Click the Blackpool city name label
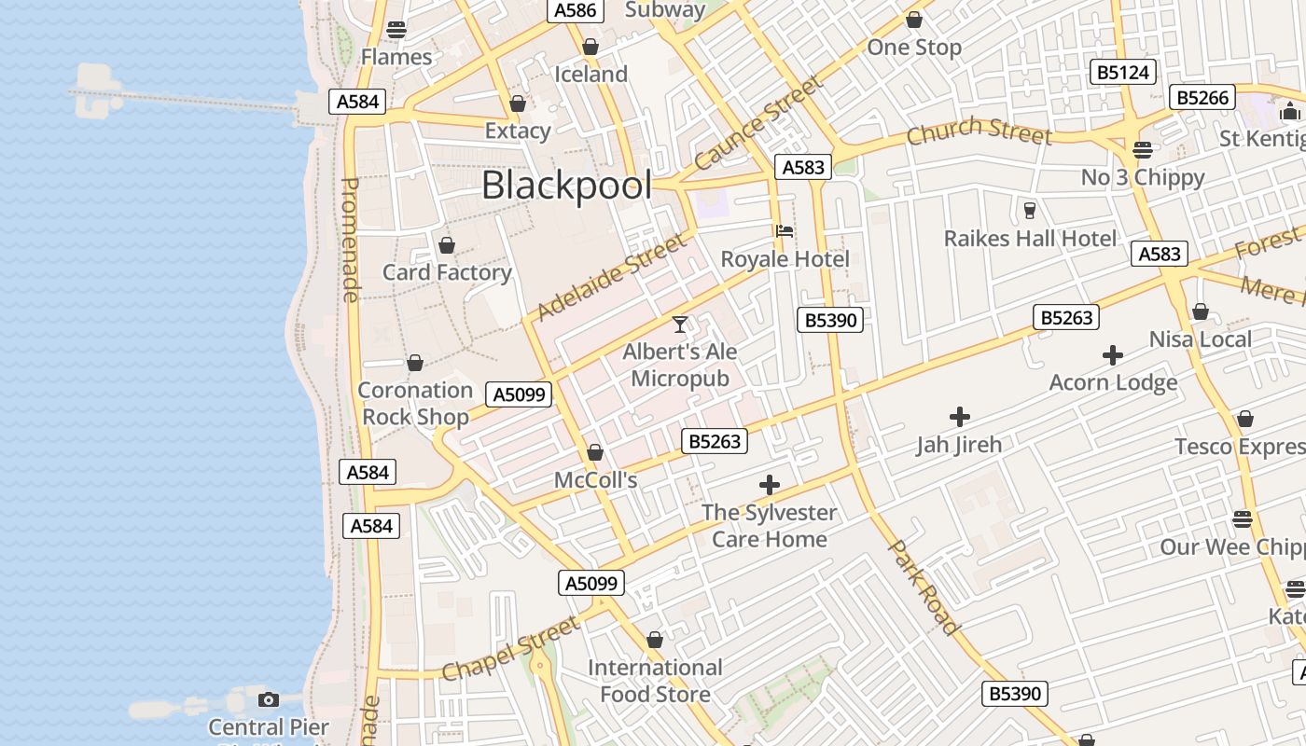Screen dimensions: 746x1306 (566, 186)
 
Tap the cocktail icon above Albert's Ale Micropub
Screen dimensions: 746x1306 (680, 325)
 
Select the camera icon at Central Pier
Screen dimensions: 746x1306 (269, 699)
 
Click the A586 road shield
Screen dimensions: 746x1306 (575, 10)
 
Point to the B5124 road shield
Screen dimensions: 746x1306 (1123, 72)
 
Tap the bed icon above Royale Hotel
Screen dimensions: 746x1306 (785, 230)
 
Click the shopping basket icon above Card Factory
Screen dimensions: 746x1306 (447, 245)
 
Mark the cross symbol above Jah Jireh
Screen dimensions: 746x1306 (959, 417)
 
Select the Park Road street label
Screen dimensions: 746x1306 (923, 587)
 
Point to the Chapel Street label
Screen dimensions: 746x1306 (509, 648)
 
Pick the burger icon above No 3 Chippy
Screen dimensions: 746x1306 (1143, 149)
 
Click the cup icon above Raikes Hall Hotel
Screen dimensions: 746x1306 (1030, 210)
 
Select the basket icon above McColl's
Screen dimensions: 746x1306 (595, 453)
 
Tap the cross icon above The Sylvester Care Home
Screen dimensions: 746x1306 (770, 485)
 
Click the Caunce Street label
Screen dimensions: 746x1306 (758, 122)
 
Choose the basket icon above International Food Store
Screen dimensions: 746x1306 (655, 641)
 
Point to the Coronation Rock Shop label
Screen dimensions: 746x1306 (415, 403)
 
